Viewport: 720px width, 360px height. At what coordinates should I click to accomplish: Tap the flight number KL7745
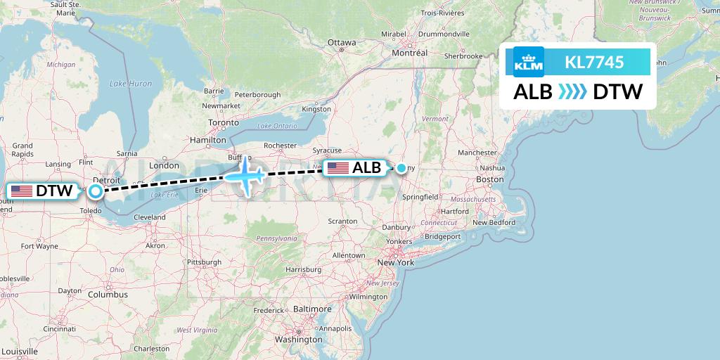pyautogui.click(x=594, y=63)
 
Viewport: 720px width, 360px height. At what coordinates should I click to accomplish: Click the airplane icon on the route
pyautogui.click(x=245, y=174)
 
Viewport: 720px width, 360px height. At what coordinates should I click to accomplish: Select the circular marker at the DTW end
pyautogui.click(x=95, y=190)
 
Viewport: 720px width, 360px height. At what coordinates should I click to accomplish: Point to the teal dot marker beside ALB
pyautogui.click(x=401, y=168)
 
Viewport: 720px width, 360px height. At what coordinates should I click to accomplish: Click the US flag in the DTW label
pyautogui.click(x=21, y=191)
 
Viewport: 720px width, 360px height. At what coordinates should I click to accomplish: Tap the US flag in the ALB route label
pyautogui.click(x=337, y=168)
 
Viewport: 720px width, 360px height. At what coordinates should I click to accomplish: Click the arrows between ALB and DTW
pyautogui.click(x=572, y=91)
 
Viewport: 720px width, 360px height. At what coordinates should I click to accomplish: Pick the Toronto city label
pyautogui.click(x=224, y=122)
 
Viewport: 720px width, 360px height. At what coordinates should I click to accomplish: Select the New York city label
pyautogui.click(x=396, y=262)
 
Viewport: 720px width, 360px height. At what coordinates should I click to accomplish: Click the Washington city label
pyautogui.click(x=299, y=339)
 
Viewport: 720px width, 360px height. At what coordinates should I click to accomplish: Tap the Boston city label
pyautogui.click(x=489, y=179)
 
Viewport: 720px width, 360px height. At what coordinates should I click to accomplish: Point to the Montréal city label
pyautogui.click(x=410, y=53)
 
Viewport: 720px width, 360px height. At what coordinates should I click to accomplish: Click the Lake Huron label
pyautogui.click(x=131, y=84)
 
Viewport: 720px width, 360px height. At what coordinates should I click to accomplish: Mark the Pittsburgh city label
pyautogui.click(x=203, y=262)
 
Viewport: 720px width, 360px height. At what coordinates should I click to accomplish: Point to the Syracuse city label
pyautogui.click(x=328, y=151)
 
